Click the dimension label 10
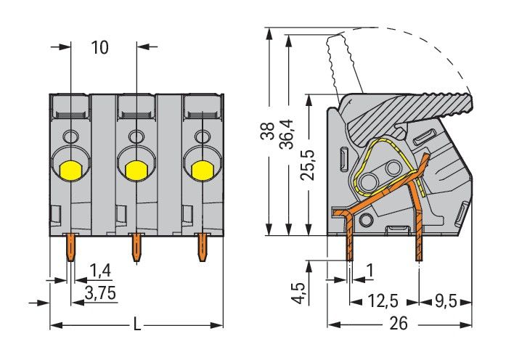pyautogui.click(x=100, y=48)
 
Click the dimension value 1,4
pyautogui.click(x=99, y=272)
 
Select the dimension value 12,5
pyautogui.click(x=383, y=299)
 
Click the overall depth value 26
pyautogui.click(x=398, y=323)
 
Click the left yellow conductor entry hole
pyautogui.click(x=70, y=170)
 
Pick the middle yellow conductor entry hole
pyautogui.click(x=134, y=170)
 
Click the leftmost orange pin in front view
pyautogui.click(x=70, y=247)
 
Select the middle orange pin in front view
pyautogui.click(x=136, y=247)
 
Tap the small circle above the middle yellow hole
pyautogui.click(x=135, y=136)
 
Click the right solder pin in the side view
pyautogui.click(x=419, y=243)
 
